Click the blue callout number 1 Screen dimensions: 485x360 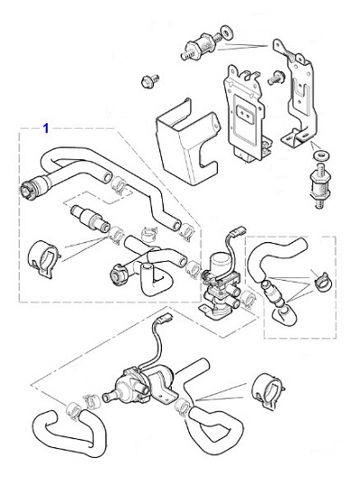(46, 129)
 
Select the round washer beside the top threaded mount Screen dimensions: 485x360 (223, 37)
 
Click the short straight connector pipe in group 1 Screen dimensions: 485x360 (87, 217)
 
